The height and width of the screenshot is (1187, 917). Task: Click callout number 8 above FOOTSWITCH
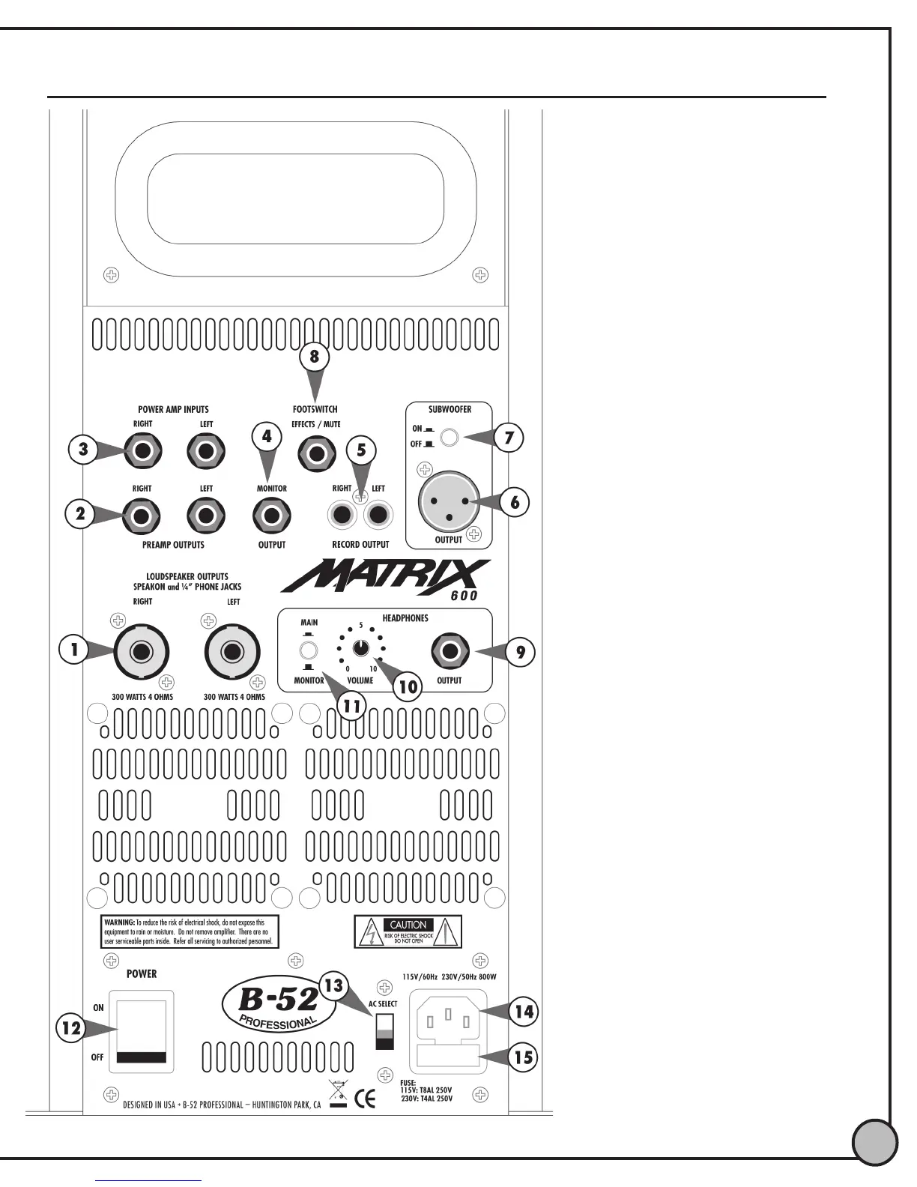tap(315, 357)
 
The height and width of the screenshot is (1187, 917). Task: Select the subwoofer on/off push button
tap(449, 437)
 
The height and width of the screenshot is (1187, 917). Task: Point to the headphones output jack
tap(450, 651)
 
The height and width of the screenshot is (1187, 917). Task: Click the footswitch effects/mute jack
tap(317, 454)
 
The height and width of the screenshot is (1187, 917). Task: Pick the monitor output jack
tap(272, 516)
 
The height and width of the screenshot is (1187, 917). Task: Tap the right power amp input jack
tap(142, 452)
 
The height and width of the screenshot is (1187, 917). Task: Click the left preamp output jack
tap(206, 516)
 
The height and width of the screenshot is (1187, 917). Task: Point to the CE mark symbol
tap(365, 1099)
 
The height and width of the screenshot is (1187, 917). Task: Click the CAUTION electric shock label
tap(408, 931)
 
